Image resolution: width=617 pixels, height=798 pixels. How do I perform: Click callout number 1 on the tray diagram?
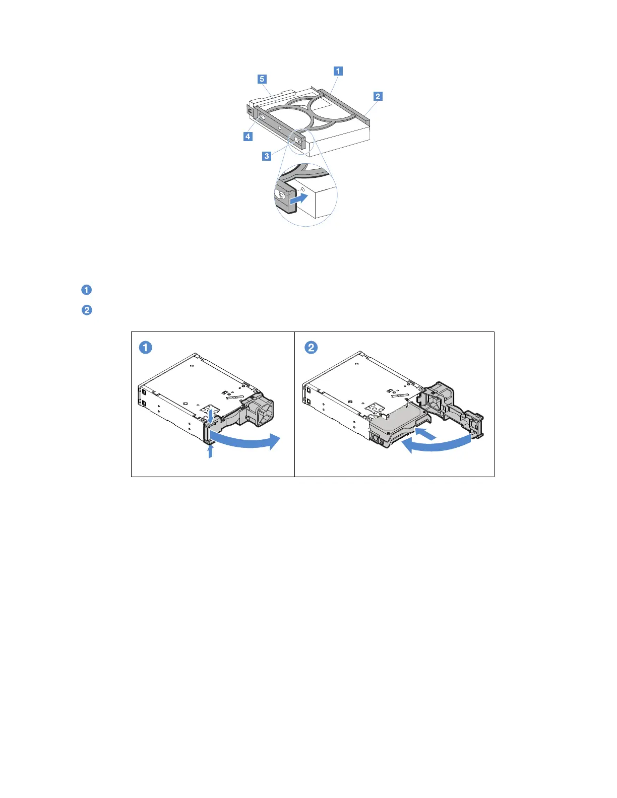[338, 71]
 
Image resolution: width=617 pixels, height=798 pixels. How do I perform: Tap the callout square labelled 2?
[378, 96]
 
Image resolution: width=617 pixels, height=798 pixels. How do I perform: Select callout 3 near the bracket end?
[267, 156]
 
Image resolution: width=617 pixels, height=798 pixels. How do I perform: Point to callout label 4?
[248, 137]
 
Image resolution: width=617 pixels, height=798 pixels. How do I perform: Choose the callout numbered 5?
[262, 79]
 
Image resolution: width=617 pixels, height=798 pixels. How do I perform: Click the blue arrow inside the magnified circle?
[299, 198]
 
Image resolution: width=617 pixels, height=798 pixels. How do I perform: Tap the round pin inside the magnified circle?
[281, 193]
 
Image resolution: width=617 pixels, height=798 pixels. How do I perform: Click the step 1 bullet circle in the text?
[87, 290]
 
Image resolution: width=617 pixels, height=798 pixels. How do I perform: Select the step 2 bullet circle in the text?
[87, 310]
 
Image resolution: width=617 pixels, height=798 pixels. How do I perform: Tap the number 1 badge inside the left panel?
[146, 348]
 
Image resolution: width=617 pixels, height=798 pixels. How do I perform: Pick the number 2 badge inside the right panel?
[312, 348]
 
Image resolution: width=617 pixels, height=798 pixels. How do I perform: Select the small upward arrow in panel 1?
[210, 450]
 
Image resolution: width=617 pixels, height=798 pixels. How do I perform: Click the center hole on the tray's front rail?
[280, 128]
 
